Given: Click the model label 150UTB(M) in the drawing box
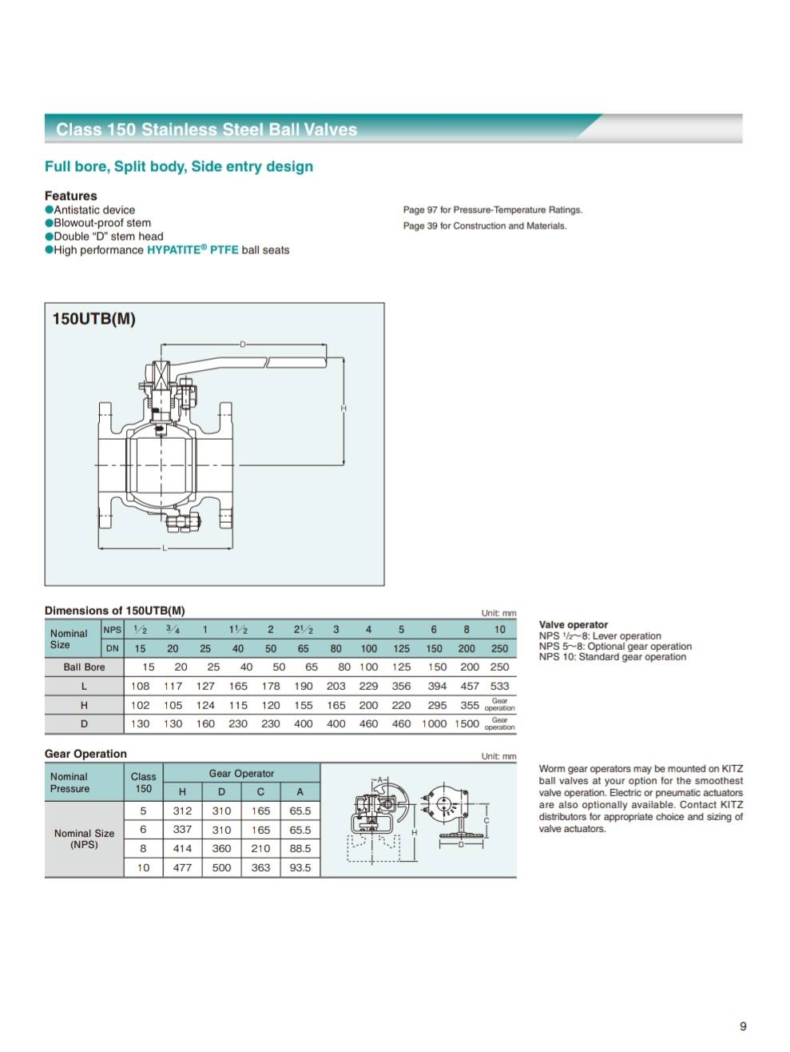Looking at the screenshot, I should tap(93, 319).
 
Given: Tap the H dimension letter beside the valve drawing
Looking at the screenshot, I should tap(343, 408).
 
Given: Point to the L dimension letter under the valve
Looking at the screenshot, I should tap(165, 548).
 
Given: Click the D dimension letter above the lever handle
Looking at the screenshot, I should tap(243, 345).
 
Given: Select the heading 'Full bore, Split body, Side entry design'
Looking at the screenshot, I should tap(179, 166).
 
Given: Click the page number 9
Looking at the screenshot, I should tap(743, 1026).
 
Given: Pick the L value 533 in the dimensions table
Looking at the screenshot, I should tap(499, 686).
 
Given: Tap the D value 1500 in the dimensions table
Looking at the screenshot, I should tap(466, 723).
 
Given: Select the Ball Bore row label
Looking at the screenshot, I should tap(84, 667).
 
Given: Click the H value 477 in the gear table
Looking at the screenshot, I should tap(182, 867).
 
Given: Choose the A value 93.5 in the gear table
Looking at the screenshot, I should tap(300, 867).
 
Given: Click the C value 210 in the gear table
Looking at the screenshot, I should tap(260, 848).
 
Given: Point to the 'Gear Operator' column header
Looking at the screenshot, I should tap(241, 773).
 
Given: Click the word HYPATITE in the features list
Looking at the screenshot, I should tap(173, 249).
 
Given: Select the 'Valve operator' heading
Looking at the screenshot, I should tap(573, 624).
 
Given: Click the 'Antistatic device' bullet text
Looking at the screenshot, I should tap(94, 209).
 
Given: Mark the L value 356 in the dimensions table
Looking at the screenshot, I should tap(401, 686).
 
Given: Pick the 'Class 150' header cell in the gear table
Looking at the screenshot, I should tap(143, 782).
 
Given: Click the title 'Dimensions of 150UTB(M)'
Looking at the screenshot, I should tap(115, 611).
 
